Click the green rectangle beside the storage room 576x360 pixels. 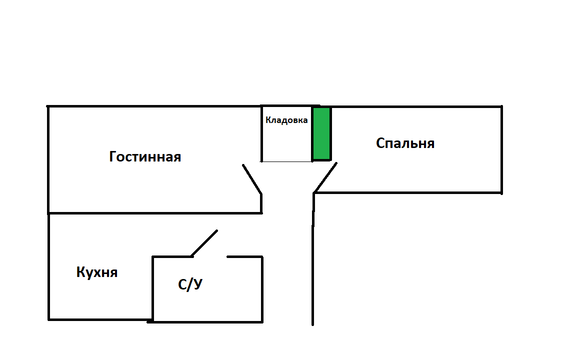321,133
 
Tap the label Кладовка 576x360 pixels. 286,120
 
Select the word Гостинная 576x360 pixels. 145,156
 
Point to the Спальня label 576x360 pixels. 405,143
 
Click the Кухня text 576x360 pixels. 97,272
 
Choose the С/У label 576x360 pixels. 190,284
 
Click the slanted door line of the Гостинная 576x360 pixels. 252,179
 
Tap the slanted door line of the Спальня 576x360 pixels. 325,177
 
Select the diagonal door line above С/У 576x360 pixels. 204,243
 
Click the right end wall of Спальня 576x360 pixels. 502,149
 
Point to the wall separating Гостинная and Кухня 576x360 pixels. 154,213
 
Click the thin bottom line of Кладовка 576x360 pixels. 286,161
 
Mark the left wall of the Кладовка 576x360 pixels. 261,133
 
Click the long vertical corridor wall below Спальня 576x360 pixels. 313,259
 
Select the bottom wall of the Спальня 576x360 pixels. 408,192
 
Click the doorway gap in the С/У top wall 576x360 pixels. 210,257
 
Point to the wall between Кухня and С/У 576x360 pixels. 153,289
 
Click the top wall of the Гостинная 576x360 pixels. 154,106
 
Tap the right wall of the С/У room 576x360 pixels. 262,289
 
